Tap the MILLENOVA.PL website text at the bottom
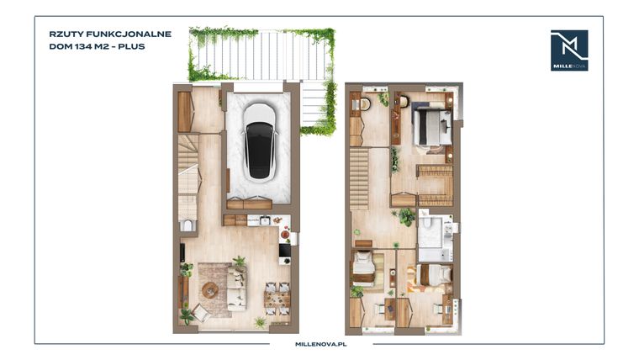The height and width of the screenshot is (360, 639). [319, 344]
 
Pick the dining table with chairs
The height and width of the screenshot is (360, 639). [275, 297]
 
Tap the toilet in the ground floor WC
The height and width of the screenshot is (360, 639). [187, 225]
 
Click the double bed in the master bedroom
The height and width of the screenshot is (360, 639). [430, 127]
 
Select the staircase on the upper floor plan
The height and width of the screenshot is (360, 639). [360, 177]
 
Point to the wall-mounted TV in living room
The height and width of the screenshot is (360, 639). [182, 252]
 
